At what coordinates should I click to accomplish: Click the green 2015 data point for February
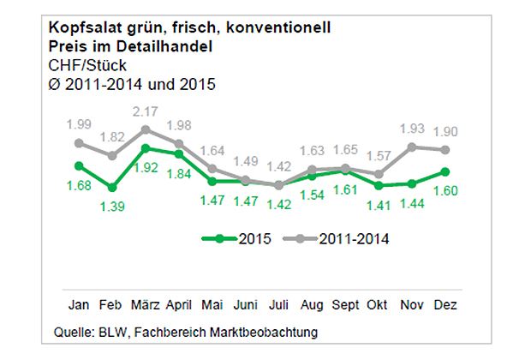click(112, 187)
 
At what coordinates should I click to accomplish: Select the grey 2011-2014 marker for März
click(146, 129)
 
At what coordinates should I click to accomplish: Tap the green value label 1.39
click(111, 206)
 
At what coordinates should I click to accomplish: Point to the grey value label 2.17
click(145, 111)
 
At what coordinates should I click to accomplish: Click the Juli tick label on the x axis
click(277, 305)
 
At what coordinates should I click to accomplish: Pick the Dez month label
click(445, 305)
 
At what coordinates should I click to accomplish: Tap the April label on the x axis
click(178, 305)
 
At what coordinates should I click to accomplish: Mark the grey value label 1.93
click(413, 128)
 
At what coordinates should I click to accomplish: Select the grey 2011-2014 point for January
click(79, 143)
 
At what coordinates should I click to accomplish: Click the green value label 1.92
click(145, 167)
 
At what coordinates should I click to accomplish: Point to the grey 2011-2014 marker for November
click(413, 147)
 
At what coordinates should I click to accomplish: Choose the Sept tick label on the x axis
click(345, 305)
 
